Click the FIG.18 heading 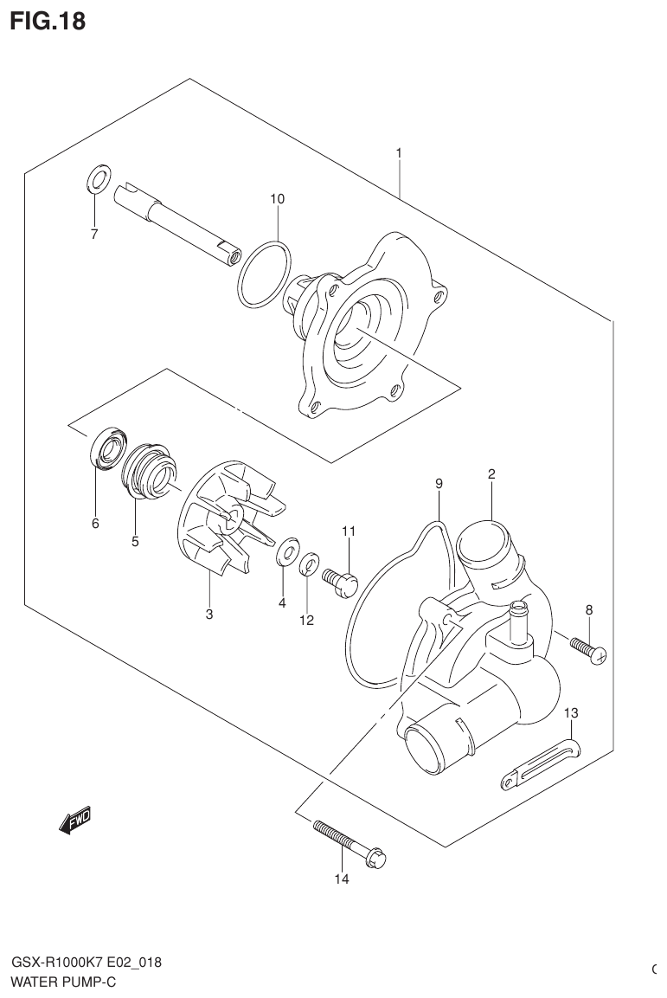tap(48, 21)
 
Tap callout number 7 tap(94, 234)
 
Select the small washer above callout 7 tap(97, 179)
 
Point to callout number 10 tap(277, 199)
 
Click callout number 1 tap(399, 153)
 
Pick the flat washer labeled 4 tap(286, 554)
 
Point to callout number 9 tap(439, 483)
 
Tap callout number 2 tap(491, 473)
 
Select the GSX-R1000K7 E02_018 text tap(86, 963)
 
